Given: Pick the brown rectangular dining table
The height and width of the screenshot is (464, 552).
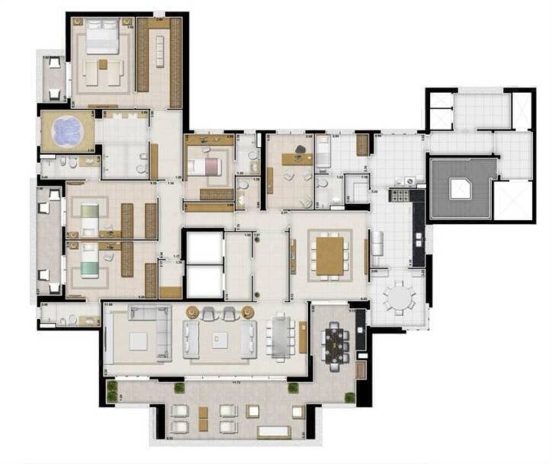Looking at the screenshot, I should pos(330,254).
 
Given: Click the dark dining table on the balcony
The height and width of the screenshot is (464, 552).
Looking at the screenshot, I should pos(336,345).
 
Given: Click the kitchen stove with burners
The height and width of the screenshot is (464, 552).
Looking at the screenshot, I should pos(399,194).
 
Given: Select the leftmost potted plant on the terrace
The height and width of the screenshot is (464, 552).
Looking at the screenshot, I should pos(113,386).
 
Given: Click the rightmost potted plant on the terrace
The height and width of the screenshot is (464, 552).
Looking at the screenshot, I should pos(349,397).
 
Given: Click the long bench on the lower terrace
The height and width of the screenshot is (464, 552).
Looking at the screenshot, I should pos(274,431).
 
